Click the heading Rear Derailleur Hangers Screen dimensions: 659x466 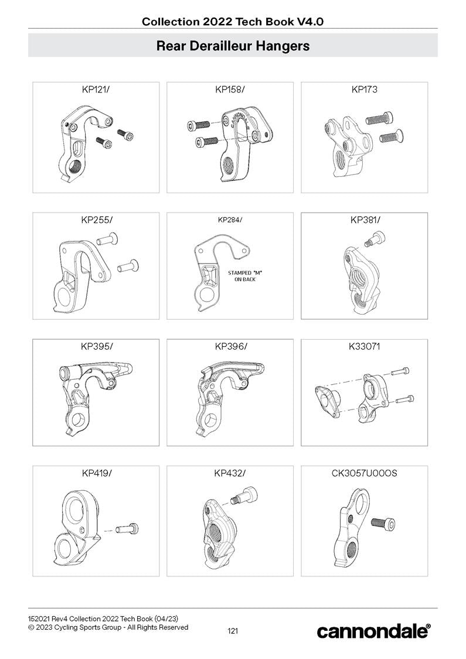coord(233,46)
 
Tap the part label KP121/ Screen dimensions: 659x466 coord(96,90)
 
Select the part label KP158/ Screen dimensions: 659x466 coord(230,90)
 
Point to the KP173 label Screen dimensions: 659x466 coord(364,90)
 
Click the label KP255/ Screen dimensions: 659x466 coord(96,220)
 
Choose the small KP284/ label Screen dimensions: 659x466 coord(230,220)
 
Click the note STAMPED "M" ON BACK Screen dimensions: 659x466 coord(244,276)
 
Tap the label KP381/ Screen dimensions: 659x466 coord(364,220)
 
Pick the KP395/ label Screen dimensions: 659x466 coord(96,347)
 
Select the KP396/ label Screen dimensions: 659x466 coord(230,347)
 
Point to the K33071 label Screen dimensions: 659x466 coord(364,347)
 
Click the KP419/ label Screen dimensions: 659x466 coord(96,473)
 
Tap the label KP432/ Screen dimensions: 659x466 coord(230,473)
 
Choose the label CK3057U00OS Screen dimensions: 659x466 coord(364,473)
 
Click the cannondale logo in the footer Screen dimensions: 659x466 coord(373,631)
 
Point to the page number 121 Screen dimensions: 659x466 coord(233,631)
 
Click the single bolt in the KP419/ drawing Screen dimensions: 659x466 coord(127,529)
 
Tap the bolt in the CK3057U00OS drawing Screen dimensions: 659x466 coord(383,522)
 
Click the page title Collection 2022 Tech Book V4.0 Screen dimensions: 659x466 coord(233,22)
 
